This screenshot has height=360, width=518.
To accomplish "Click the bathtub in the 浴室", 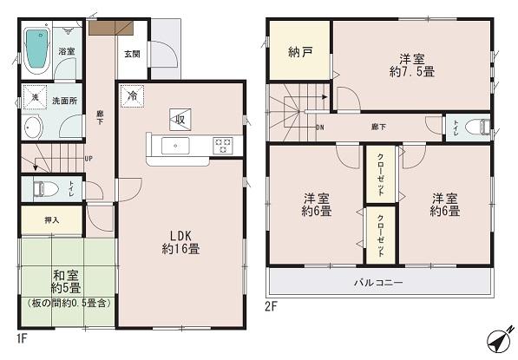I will (37, 49).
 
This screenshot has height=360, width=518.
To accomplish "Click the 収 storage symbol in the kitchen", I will (179, 119).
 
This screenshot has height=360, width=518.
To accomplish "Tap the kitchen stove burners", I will (222, 145).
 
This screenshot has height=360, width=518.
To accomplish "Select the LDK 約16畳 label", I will (180, 241).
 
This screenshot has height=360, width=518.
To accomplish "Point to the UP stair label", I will (89, 158).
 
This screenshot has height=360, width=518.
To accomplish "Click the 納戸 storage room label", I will (299, 51).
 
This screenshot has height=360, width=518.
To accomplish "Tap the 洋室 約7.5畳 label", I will (411, 66).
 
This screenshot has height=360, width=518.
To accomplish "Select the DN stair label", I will (319, 128).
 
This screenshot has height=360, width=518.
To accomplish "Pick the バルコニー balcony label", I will (377, 283).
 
